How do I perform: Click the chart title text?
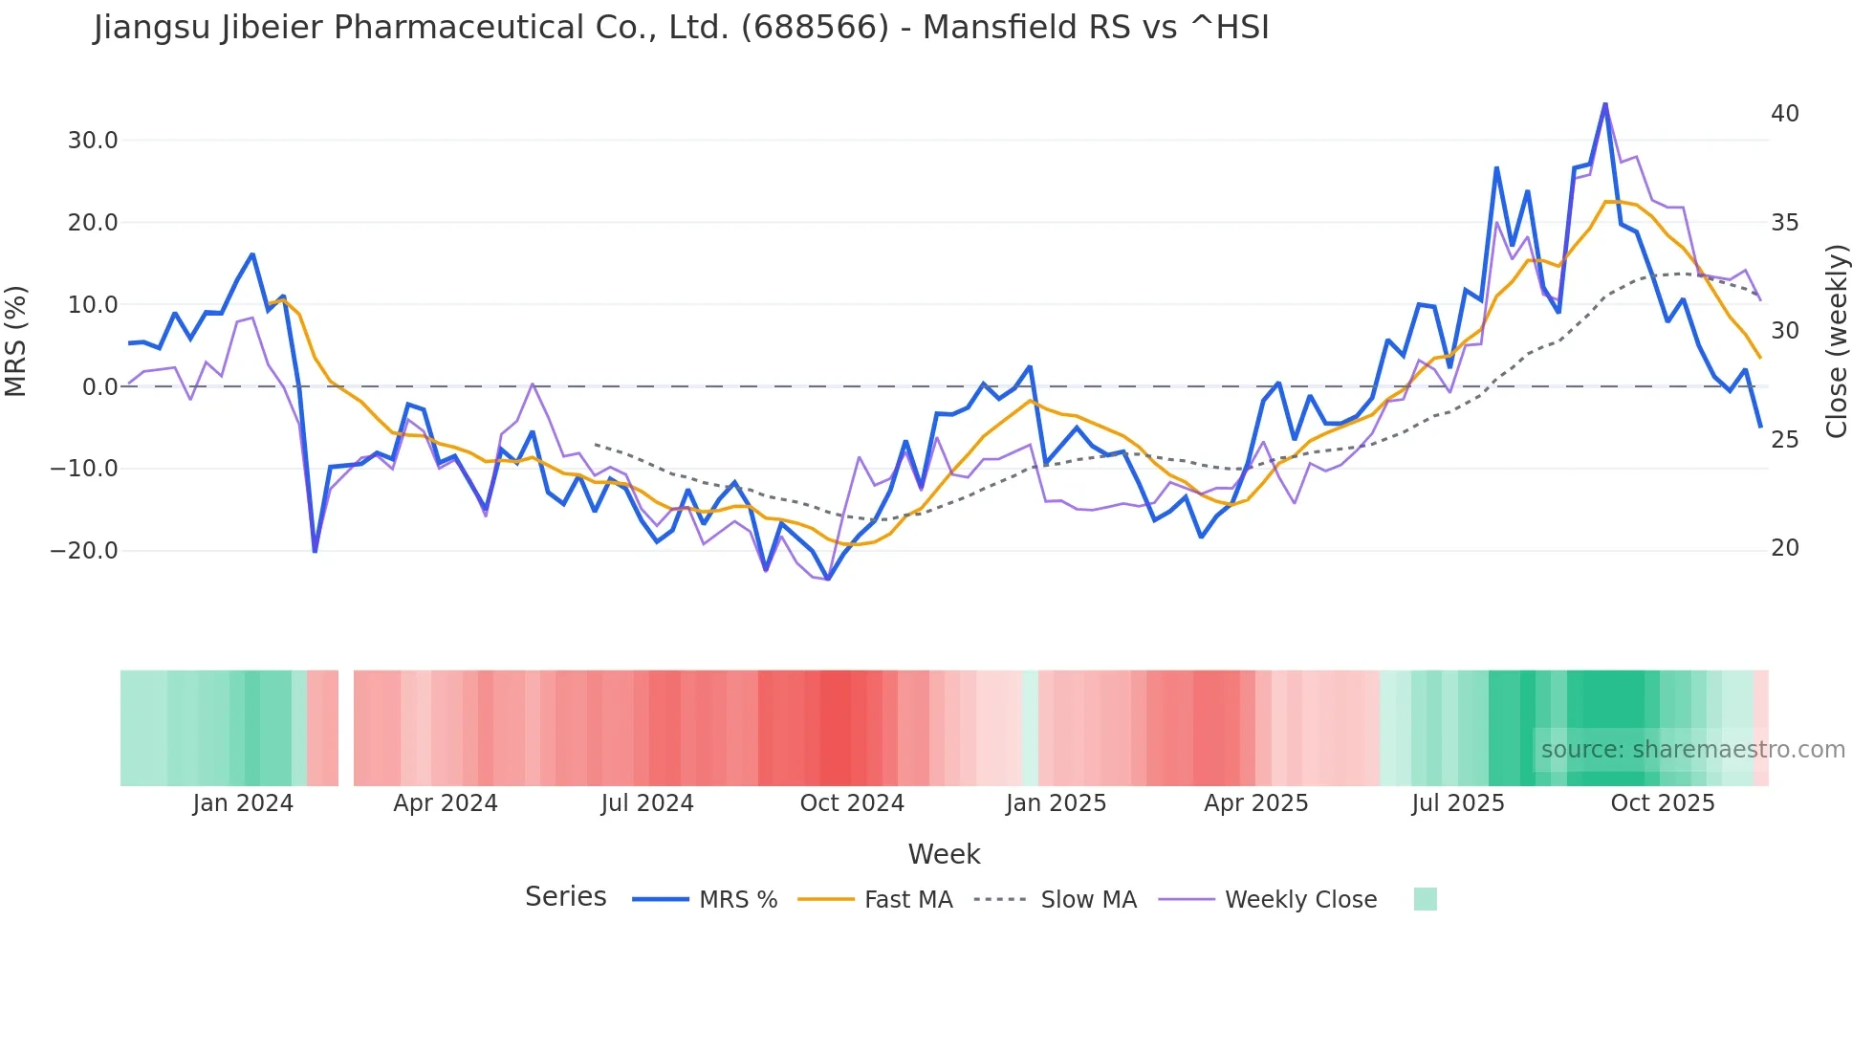coord(681,28)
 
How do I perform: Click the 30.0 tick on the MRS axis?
coord(93,141)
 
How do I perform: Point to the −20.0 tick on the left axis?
coord(85,551)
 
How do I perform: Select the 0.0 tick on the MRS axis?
coord(99,387)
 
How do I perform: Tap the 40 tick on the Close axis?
coord(1784,114)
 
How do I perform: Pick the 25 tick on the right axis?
coord(1784,440)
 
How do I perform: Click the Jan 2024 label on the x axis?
coord(243,803)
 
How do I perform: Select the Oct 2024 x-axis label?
coord(852,803)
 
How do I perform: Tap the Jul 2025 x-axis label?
coord(1458,803)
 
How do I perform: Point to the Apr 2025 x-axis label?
coord(1256,803)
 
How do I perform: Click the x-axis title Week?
coord(944,854)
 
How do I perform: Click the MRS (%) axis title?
coord(16,340)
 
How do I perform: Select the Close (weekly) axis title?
coord(1836,341)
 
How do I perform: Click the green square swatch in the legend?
coord(1425,899)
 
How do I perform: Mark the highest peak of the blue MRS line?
coord(1605,103)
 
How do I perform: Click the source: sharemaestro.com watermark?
coord(1692,750)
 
